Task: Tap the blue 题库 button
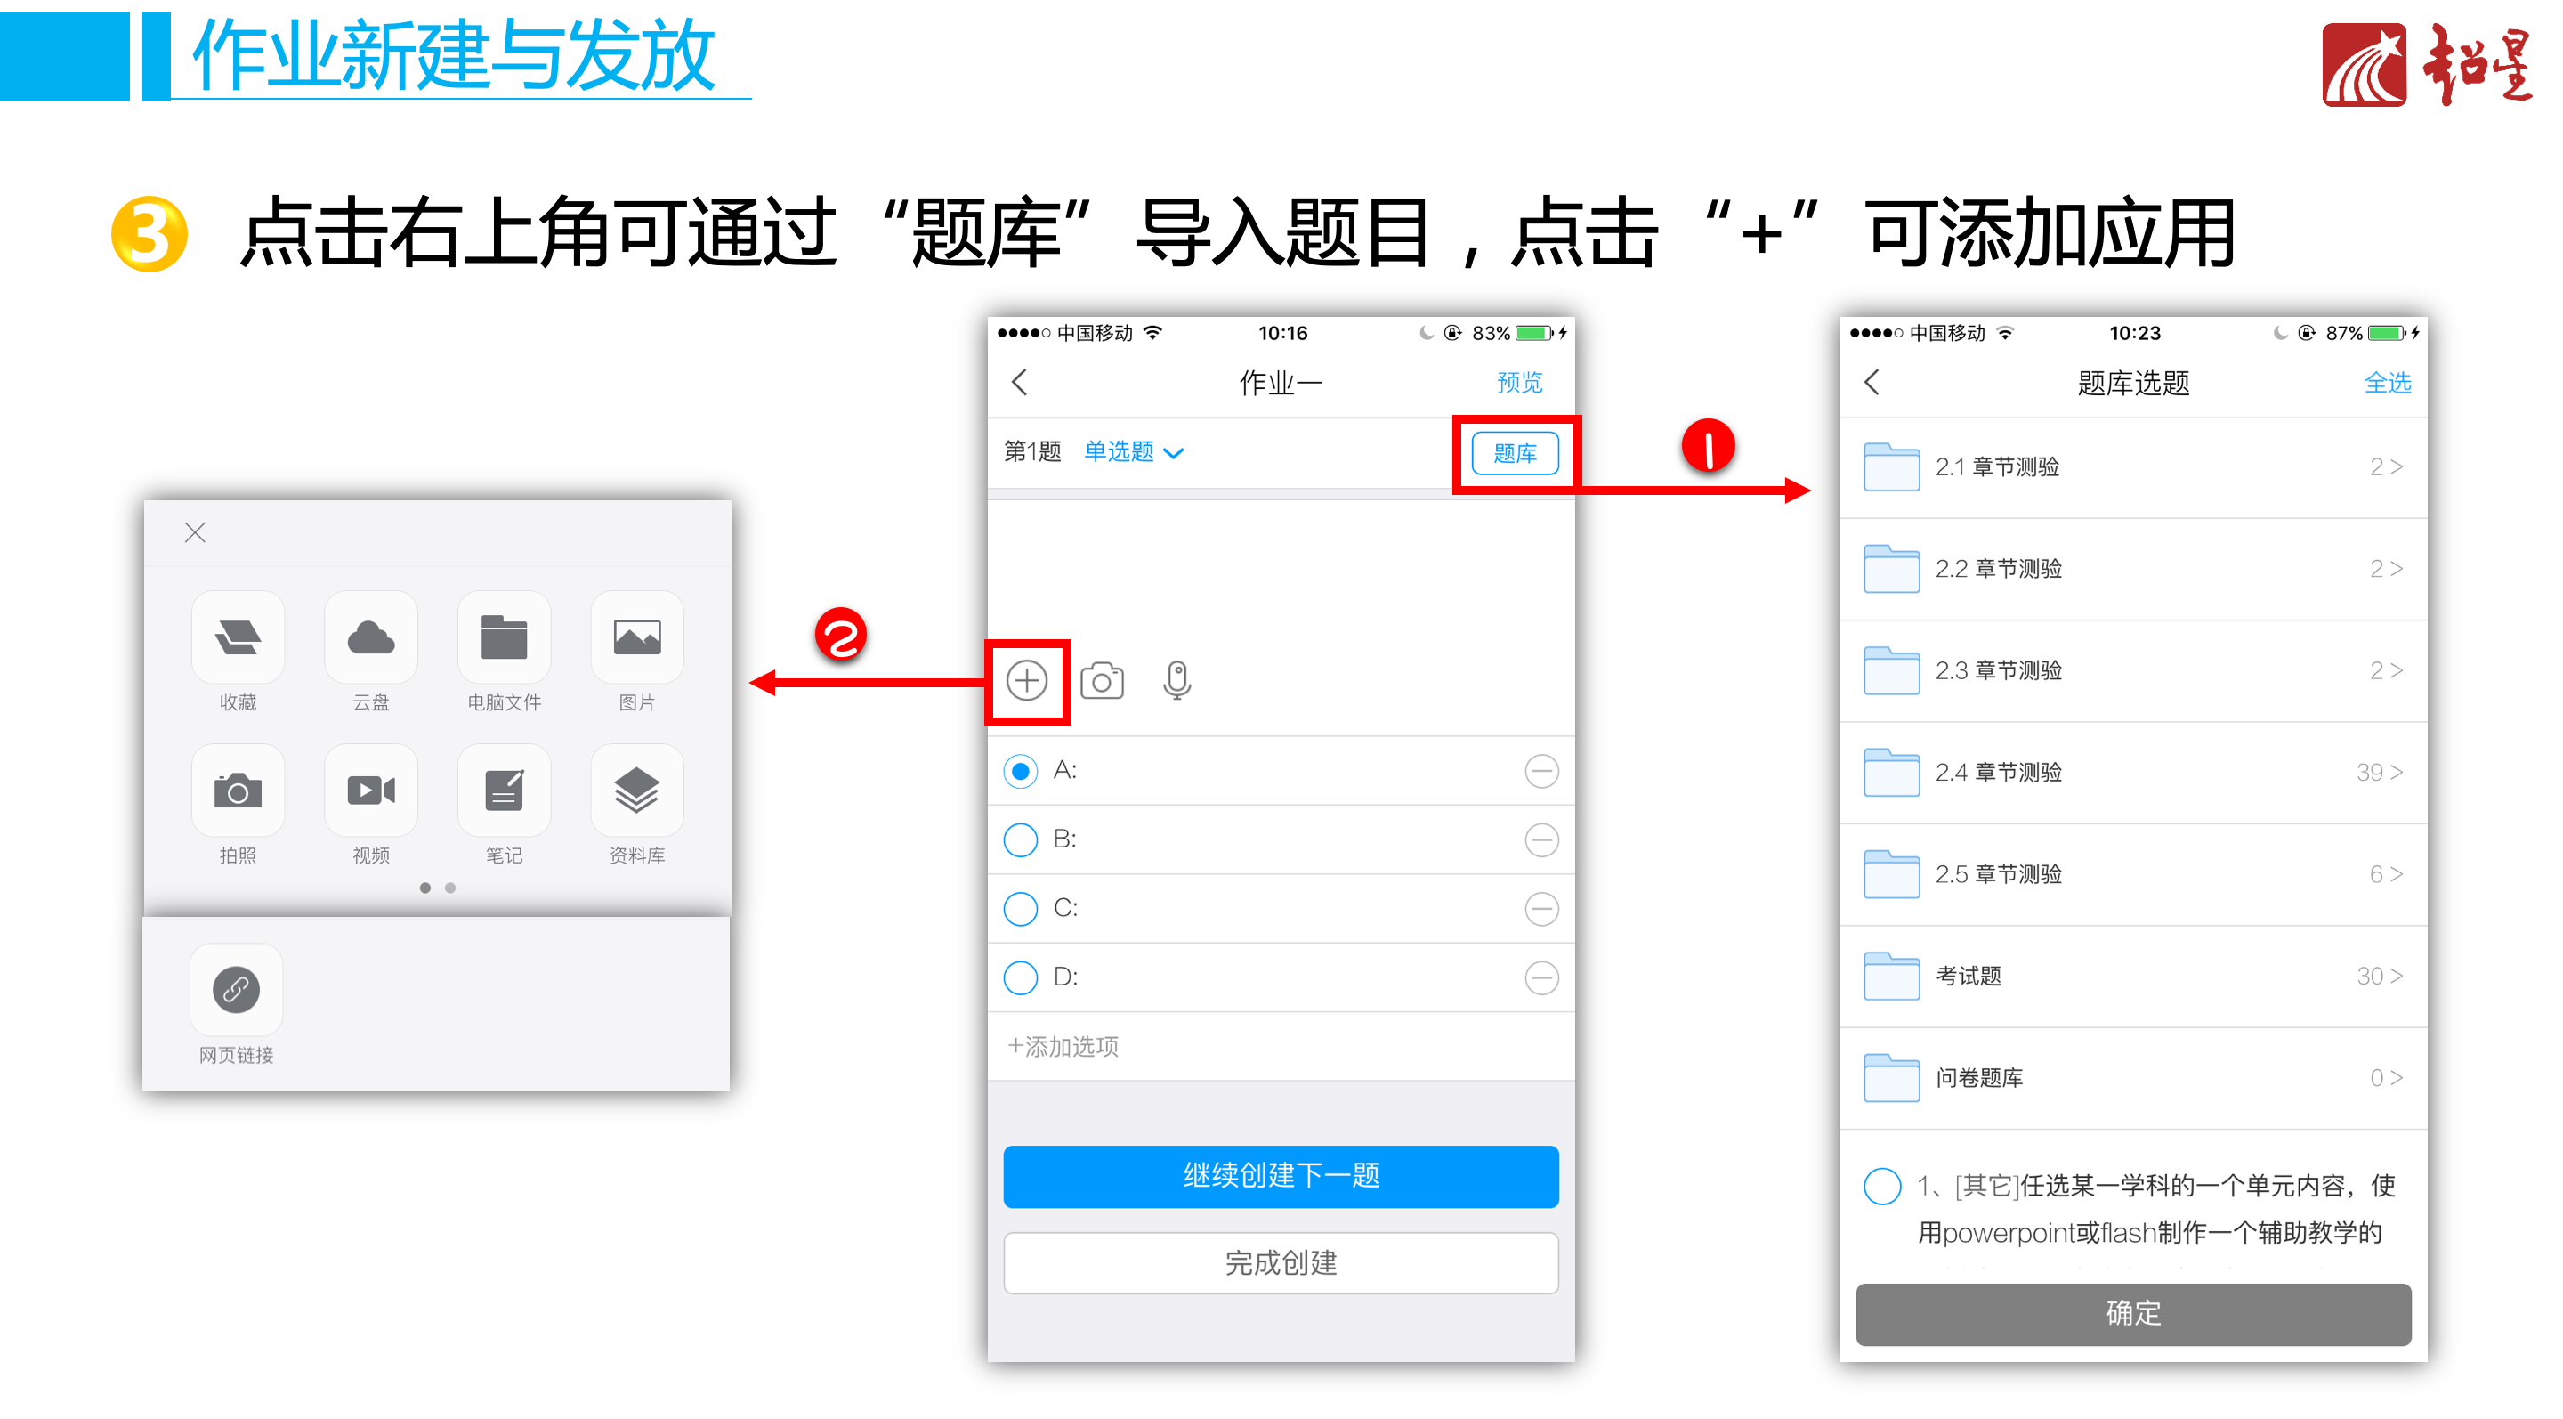1515,454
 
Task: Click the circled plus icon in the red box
1027,681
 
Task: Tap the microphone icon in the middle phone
1177,681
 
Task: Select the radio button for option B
1020,839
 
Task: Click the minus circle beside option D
1541,977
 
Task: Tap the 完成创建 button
1281,1263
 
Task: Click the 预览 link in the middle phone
1519,382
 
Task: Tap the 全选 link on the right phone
2387,382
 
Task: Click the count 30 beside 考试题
2369,977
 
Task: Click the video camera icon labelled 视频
370,791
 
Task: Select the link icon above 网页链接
236,990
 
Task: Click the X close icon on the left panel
195,532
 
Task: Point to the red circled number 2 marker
841,635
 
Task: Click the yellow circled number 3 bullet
150,234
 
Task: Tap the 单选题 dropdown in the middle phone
1133,451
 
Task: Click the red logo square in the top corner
2364,65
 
